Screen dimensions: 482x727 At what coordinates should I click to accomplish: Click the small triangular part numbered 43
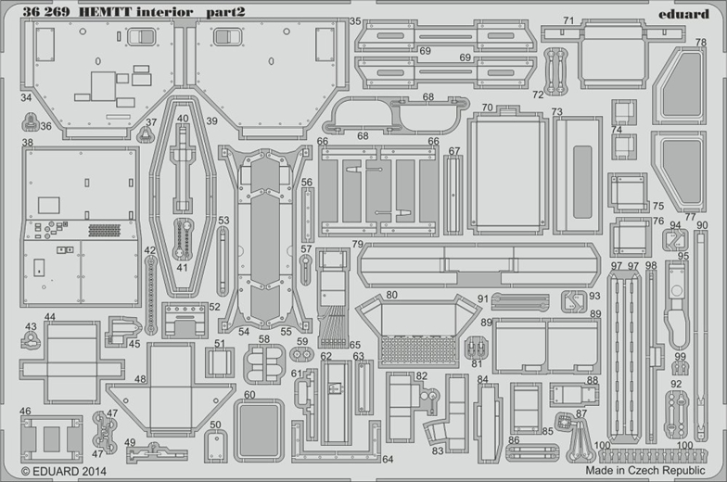click(31, 341)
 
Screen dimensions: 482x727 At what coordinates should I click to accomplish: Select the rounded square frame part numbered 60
click(258, 429)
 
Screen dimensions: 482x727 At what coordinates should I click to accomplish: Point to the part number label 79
click(357, 244)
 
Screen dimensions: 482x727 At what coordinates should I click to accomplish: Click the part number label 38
click(27, 143)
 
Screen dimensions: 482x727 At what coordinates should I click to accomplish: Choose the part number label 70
click(487, 108)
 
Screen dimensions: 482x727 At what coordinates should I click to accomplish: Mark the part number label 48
click(140, 378)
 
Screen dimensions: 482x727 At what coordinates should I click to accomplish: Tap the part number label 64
click(388, 458)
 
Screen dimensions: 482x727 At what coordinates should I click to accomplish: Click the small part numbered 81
click(477, 348)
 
